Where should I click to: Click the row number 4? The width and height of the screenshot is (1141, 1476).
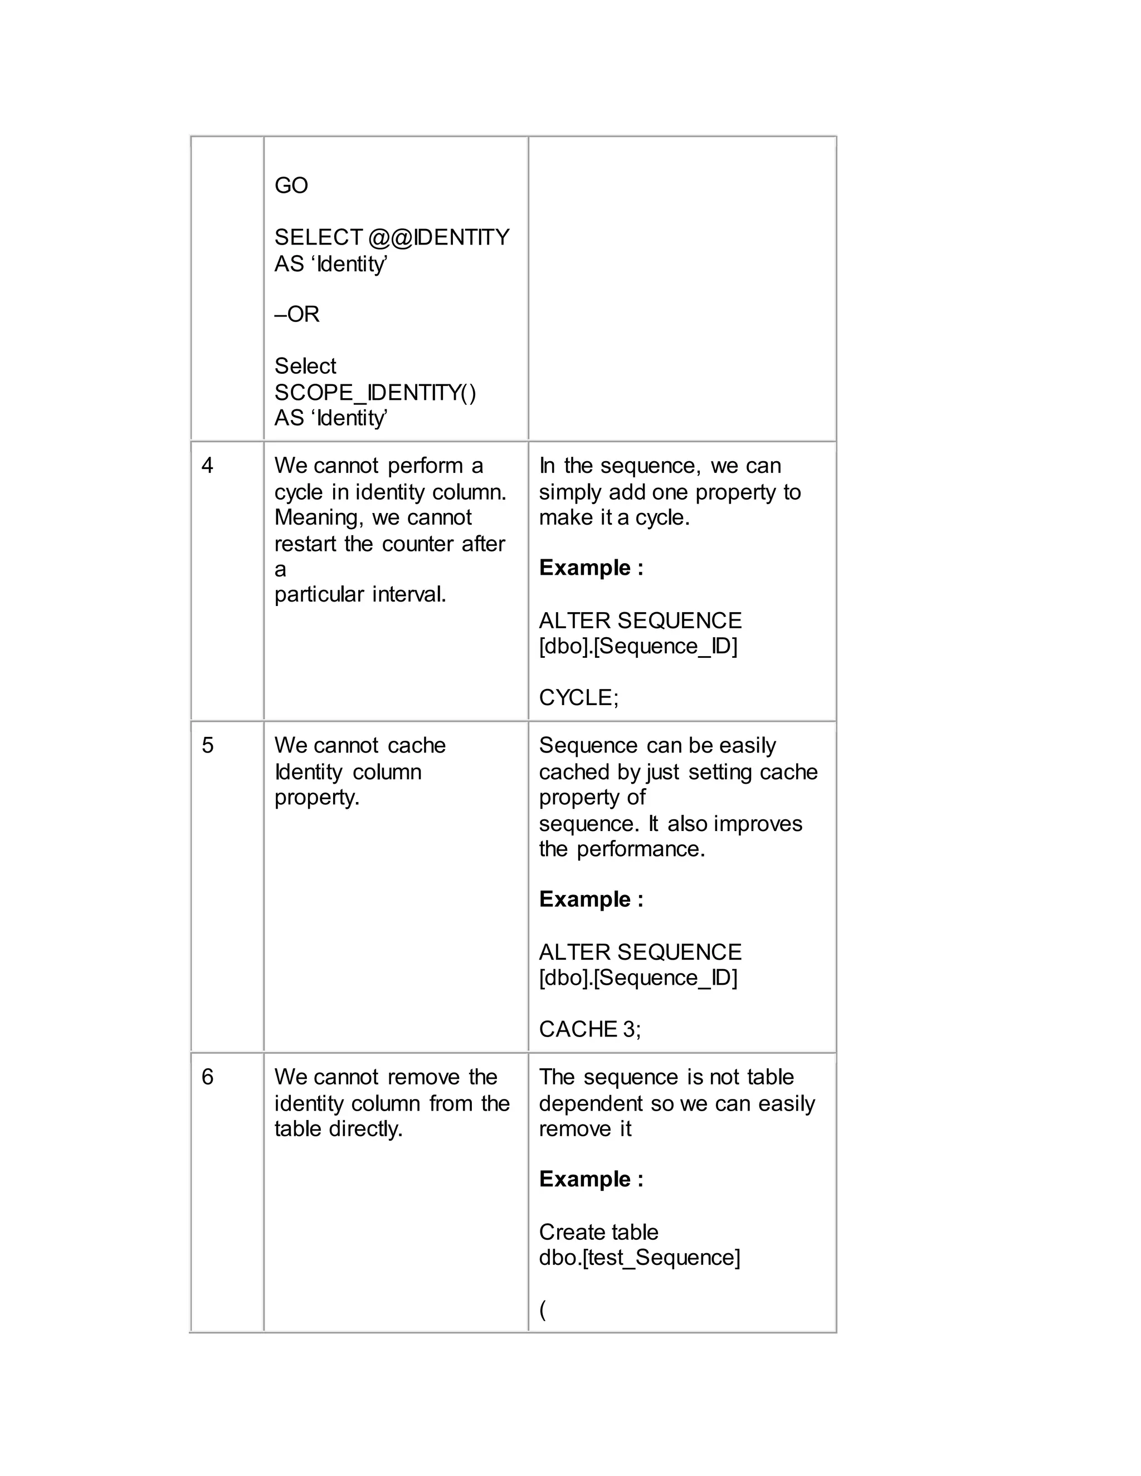tap(207, 466)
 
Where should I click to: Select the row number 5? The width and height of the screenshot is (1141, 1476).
tap(207, 745)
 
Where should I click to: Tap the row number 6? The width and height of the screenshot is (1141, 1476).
tap(207, 1077)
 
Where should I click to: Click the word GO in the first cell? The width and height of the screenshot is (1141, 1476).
tap(291, 185)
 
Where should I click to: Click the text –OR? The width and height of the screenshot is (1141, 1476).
tap(297, 314)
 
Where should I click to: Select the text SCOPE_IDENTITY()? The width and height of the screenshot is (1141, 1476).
tap(375, 392)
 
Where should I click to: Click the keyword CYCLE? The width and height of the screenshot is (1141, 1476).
tap(579, 697)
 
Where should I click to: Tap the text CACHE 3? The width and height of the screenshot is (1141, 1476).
tap(589, 1029)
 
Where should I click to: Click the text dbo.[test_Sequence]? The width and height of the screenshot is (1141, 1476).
tap(640, 1257)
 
